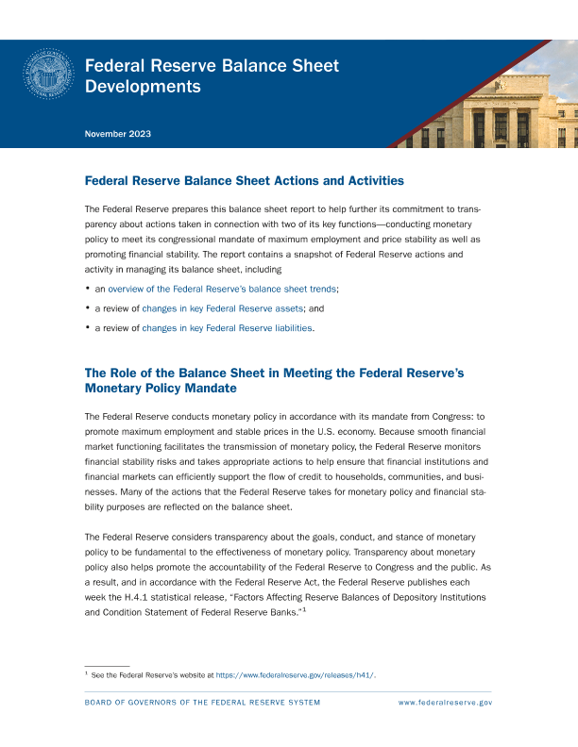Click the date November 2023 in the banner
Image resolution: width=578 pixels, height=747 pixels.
tap(118, 134)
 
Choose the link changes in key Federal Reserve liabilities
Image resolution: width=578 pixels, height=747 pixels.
tap(227, 328)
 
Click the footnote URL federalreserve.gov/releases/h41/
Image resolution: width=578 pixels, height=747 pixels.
tap(297, 675)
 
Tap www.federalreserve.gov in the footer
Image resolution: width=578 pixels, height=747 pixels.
tap(446, 703)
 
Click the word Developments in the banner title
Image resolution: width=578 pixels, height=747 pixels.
tap(143, 87)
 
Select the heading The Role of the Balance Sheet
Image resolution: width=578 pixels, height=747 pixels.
tap(274, 380)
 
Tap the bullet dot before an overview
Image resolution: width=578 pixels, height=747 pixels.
tap(87, 288)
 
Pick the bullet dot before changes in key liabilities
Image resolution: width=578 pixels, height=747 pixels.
tap(87, 327)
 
